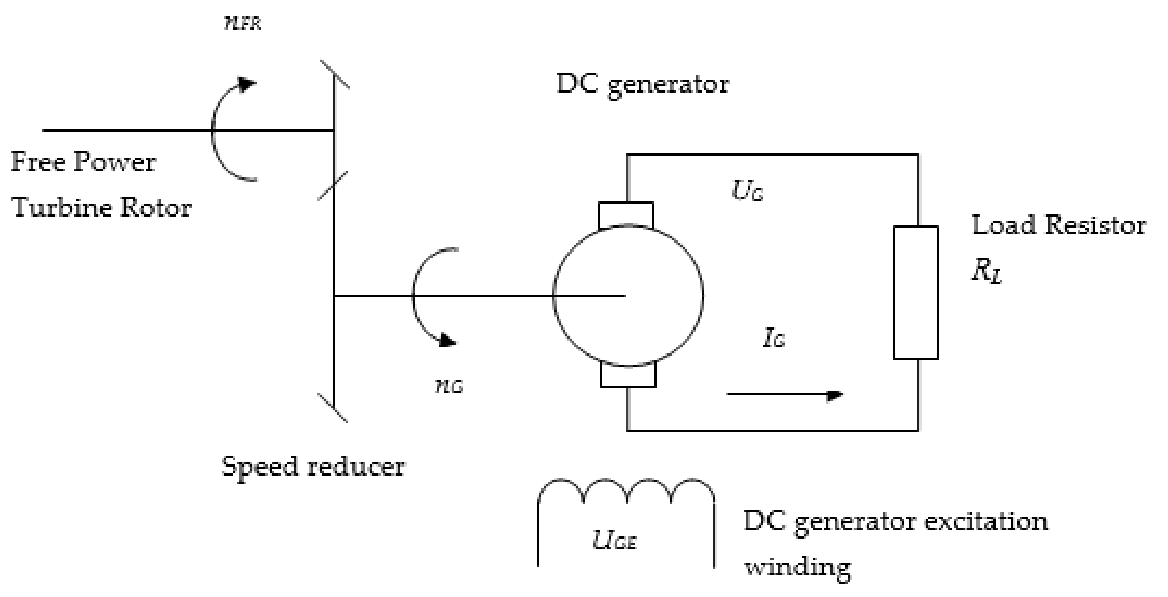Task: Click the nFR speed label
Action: click(x=243, y=23)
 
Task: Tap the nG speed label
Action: click(x=448, y=387)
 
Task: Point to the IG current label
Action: click(x=773, y=339)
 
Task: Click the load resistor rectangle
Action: click(x=915, y=293)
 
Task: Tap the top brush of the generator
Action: click(x=626, y=215)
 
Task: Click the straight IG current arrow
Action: click(x=785, y=394)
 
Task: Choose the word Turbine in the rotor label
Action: click(x=62, y=208)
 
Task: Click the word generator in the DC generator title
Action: click(x=668, y=85)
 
